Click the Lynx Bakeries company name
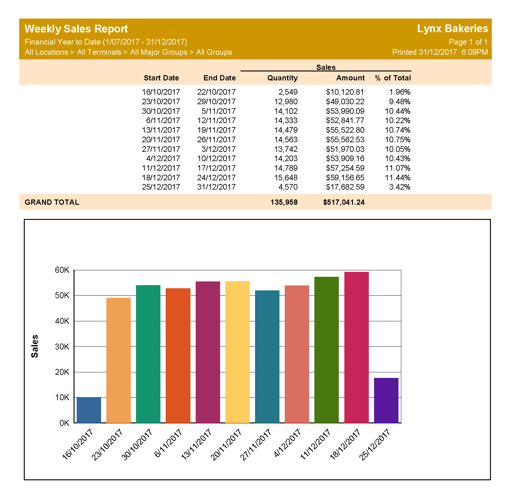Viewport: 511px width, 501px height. tap(452, 28)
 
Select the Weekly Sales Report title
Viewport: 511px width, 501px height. tap(76, 29)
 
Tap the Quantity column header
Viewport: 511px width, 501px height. tap(282, 78)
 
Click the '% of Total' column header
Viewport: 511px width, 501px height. tap(393, 78)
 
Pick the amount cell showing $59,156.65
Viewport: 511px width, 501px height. tap(345, 178)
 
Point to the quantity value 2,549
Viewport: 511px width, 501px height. tap(288, 92)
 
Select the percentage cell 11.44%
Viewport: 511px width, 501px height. tap(398, 178)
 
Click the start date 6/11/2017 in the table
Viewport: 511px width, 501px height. tap(163, 120)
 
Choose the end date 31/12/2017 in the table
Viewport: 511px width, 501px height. tap(216, 187)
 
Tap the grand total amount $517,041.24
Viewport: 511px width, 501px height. tap(344, 202)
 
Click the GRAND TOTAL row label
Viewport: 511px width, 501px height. tap(52, 202)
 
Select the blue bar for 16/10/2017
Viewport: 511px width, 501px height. tap(89, 410)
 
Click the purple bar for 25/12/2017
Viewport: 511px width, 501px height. tap(386, 400)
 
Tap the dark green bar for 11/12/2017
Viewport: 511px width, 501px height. tap(326, 349)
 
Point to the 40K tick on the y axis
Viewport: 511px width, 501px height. tap(62, 321)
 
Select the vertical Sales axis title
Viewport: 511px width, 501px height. tap(35, 346)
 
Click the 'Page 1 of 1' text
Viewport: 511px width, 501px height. tap(468, 42)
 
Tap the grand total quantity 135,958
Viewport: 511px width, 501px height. tap(284, 202)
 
